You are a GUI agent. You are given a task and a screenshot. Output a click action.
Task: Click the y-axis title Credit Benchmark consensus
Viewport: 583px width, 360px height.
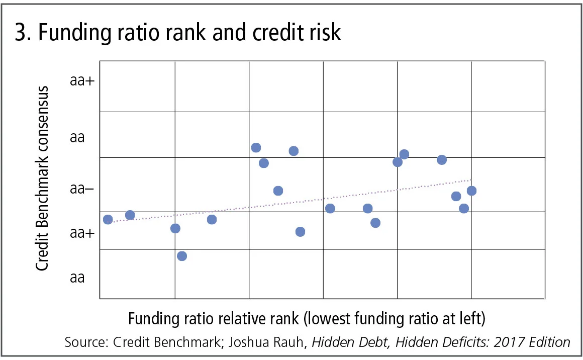coord(42,178)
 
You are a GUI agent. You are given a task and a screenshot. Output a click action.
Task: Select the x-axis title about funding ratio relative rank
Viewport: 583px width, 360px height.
coord(307,319)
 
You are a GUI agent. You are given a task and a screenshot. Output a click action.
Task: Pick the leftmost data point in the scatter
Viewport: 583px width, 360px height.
coord(108,219)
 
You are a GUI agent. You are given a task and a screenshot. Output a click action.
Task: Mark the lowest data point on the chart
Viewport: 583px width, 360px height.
coord(182,256)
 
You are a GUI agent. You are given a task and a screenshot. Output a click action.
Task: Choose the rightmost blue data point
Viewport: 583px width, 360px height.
coord(471,191)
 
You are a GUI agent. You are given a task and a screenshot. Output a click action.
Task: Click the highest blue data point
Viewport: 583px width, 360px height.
coord(256,147)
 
